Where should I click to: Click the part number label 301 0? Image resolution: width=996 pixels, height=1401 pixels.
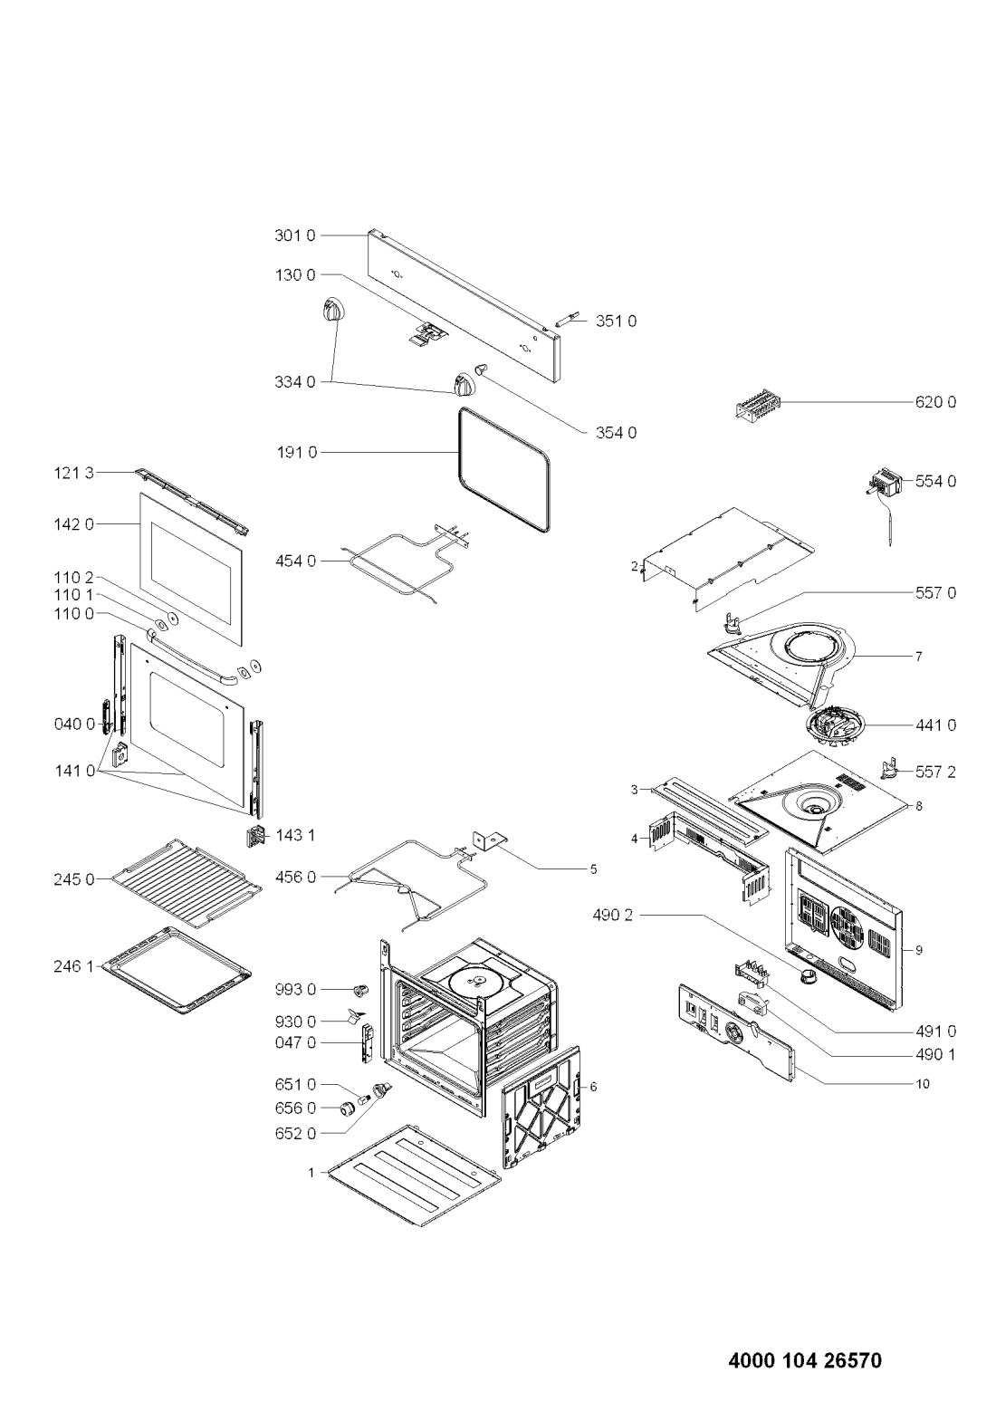(294, 235)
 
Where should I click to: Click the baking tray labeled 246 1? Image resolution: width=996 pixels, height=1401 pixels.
(177, 966)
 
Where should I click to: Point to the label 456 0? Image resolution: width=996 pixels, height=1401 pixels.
(295, 877)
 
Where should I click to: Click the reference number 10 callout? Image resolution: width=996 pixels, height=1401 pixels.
(923, 1083)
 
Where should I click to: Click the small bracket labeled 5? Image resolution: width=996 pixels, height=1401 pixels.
(488, 841)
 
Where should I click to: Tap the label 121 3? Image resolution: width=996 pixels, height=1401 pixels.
(72, 472)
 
